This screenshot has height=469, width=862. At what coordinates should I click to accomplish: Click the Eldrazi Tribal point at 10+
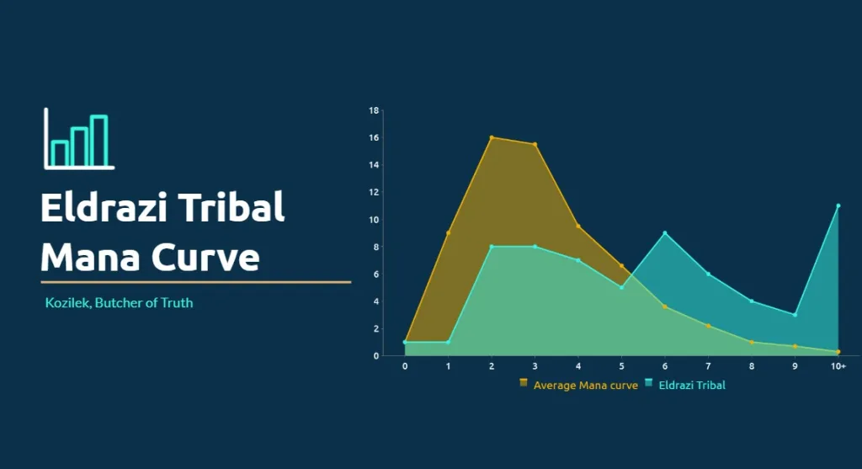pos(838,205)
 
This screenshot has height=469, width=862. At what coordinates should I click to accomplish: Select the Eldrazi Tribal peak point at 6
pos(665,233)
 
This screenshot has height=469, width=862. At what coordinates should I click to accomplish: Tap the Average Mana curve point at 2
pos(492,137)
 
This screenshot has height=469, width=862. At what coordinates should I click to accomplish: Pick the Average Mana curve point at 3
pos(535,145)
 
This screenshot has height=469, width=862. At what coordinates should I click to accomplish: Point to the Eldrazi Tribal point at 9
pos(795,315)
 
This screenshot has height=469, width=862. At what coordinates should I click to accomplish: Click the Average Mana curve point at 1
pos(448,233)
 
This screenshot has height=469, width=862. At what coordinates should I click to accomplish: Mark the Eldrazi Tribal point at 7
pos(708,274)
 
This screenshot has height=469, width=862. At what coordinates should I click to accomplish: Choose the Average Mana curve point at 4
pos(577,226)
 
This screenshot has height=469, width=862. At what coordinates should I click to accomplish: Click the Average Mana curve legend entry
pos(579,385)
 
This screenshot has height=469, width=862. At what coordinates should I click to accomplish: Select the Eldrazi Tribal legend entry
pos(685,385)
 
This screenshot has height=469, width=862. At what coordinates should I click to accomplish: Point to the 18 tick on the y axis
pos(374,110)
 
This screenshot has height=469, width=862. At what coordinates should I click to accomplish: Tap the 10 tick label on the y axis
pos(374,220)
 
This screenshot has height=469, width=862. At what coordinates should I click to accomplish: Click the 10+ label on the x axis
pos(838,366)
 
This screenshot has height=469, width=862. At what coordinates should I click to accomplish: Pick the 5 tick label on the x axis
pos(621,366)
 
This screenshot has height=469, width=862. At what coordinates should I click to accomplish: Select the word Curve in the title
pos(205,258)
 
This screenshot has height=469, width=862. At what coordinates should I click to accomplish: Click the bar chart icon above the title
pos(79,139)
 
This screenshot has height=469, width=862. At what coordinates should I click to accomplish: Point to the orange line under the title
pos(195,282)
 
